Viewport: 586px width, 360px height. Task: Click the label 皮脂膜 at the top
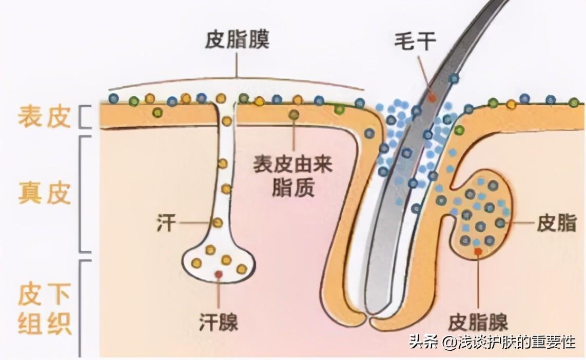pos(237,40)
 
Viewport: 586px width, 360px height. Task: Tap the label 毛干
pos(415,42)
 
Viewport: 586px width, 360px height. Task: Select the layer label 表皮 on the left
pos(44,117)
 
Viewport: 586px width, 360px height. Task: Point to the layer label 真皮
pos(44,194)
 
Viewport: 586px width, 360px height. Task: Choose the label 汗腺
pos(219,322)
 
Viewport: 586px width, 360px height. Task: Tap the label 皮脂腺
pos(478,322)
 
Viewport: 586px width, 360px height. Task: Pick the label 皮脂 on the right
pos(556,223)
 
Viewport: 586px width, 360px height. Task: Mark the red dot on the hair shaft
pos(432,96)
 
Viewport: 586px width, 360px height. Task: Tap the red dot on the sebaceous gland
pos(478,251)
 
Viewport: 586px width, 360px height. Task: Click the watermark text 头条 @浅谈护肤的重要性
pos(492,342)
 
